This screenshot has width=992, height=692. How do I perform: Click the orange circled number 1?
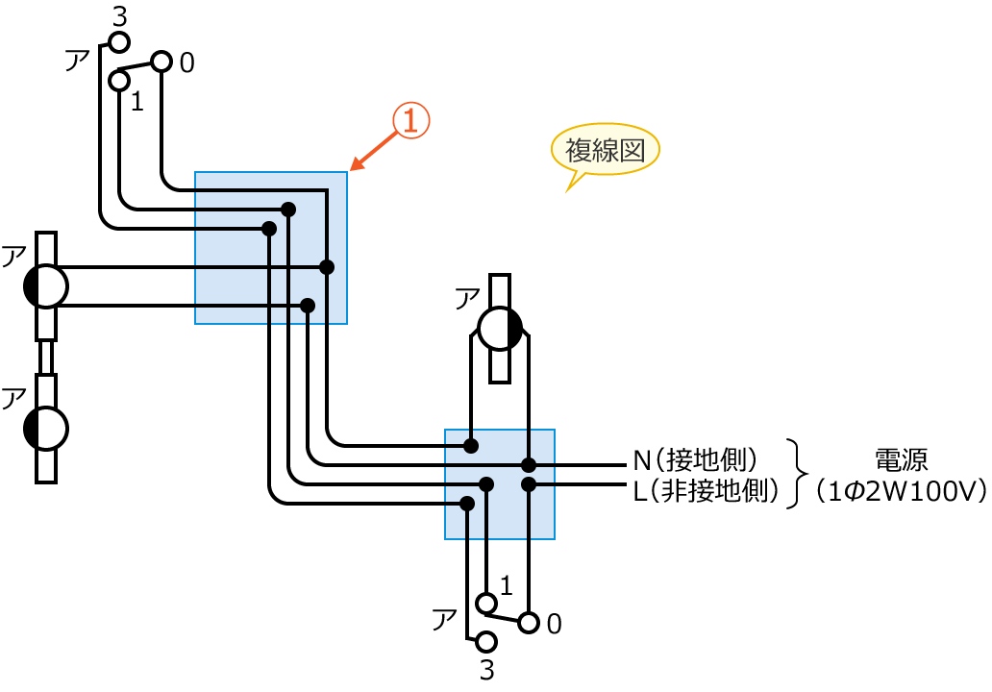tap(410, 121)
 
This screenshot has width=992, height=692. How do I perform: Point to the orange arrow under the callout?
tap(375, 150)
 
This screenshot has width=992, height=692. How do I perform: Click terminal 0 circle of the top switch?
tap(161, 62)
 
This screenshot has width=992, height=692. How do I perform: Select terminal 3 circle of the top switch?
tap(119, 42)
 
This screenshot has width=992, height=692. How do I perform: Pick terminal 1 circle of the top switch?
tap(119, 81)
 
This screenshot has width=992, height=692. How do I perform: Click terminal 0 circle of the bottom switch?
tap(528, 622)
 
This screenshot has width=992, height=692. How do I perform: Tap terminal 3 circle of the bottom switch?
tap(486, 641)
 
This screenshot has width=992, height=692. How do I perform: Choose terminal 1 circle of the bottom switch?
tap(486, 603)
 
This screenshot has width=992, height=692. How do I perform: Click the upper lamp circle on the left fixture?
tap(46, 285)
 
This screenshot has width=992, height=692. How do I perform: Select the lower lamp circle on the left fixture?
tap(46, 428)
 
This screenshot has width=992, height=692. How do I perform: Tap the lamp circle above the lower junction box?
tap(500, 329)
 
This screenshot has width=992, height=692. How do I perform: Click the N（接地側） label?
tap(702, 458)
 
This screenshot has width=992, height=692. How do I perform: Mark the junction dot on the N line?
tap(529, 465)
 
